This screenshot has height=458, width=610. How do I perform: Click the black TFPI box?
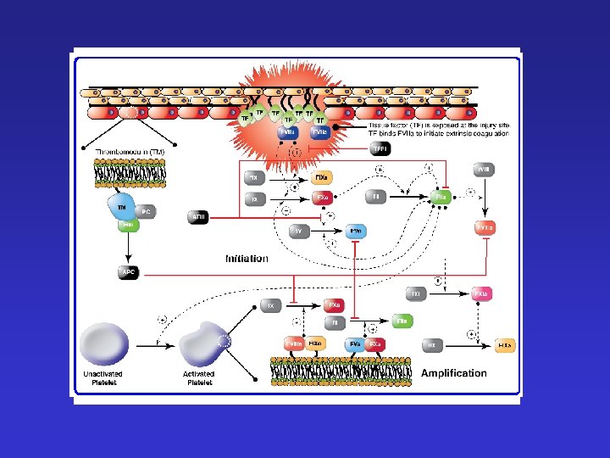point(380,149)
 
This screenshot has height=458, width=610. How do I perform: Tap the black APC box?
point(127,272)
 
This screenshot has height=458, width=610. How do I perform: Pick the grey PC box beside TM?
point(147,210)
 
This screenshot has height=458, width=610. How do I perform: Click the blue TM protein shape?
point(119,204)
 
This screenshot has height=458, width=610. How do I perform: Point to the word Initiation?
point(247,258)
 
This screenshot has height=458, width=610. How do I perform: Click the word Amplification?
point(454,372)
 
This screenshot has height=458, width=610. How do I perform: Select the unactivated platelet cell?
point(103,344)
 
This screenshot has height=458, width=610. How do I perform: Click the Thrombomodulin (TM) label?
point(129,151)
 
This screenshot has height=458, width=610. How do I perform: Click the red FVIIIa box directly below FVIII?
point(484,227)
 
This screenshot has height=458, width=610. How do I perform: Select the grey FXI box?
point(415,294)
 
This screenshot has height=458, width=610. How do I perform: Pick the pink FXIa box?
point(481,294)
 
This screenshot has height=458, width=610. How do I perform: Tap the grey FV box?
point(299,231)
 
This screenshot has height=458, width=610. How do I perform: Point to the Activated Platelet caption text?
point(200,377)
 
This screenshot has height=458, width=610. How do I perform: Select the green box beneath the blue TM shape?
point(127,225)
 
